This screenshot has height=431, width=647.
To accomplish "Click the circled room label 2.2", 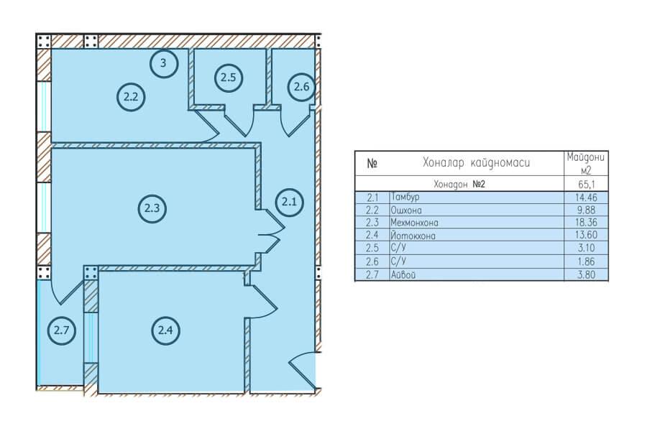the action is coord(131,97).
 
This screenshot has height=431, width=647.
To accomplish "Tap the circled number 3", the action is coord(163,63).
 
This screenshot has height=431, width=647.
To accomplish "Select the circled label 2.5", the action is coord(228,77).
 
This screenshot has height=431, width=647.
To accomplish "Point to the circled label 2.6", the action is coord(301,87).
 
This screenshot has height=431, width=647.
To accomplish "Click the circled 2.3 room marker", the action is coord(152,208).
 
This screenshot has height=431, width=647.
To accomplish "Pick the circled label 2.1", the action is coord(289,202).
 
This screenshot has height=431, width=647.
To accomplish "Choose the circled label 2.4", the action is coord(165,330).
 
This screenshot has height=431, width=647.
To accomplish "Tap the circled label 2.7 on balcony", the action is coord(62,330).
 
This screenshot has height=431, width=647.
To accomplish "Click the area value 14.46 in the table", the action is coord(586,198).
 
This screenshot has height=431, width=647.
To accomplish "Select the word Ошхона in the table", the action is coord(406,210).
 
